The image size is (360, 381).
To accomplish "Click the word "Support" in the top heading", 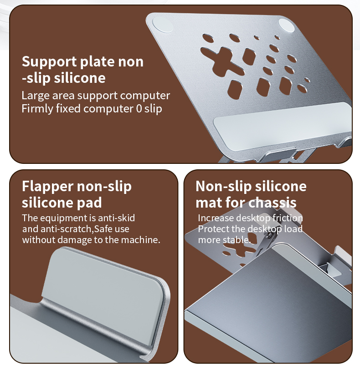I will coord(49,61).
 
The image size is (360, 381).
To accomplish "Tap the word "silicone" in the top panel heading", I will coord(79,78).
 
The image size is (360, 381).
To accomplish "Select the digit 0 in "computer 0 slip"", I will coord(140,109).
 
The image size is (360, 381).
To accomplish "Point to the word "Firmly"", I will coord(36,109).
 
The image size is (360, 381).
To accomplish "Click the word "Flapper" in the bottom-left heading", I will coord(47,186).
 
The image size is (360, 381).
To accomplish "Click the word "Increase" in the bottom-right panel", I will coord(215,218).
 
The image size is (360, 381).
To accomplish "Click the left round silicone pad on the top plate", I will coord(162,24).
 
